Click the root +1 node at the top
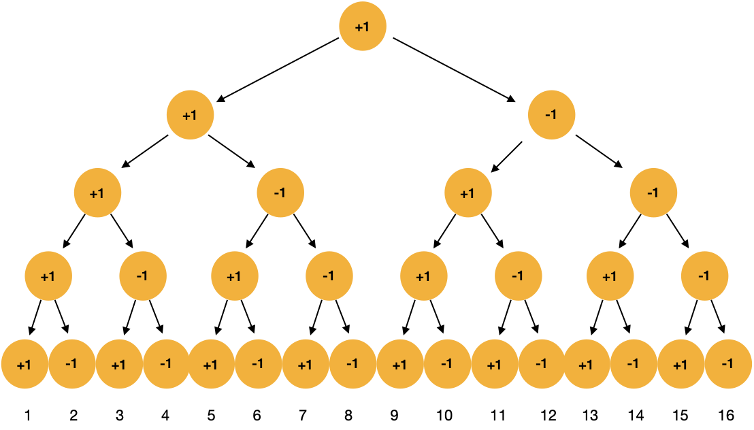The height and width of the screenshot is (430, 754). tap(363, 27)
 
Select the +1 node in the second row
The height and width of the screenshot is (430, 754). tap(190, 115)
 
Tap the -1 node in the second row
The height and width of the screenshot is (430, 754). tap(551, 115)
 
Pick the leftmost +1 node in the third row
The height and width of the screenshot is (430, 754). tap(97, 193)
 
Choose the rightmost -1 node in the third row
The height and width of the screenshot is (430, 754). tap(653, 193)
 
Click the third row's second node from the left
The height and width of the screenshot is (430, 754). tap(280, 193)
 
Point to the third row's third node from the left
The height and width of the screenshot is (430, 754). tap(468, 193)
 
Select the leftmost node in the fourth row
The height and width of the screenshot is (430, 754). tap(48, 276)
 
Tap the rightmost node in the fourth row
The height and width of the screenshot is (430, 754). tap(704, 276)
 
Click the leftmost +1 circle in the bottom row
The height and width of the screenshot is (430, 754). tap(24, 364)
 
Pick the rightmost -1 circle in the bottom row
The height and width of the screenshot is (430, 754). tap(728, 364)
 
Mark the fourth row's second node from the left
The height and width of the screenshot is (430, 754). tap(143, 276)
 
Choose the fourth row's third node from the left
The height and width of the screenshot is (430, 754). tap(234, 276)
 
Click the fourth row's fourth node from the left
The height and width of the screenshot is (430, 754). tap(329, 276)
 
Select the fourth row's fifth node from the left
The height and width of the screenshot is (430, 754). tap(423, 276)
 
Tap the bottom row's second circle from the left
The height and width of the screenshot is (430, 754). tap(72, 364)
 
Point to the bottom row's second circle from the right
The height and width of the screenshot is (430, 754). tap(681, 364)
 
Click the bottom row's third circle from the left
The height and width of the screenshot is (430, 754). tap(119, 364)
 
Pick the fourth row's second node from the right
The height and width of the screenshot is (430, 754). tap(610, 276)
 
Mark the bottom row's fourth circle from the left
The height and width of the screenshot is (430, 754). tap(166, 364)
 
